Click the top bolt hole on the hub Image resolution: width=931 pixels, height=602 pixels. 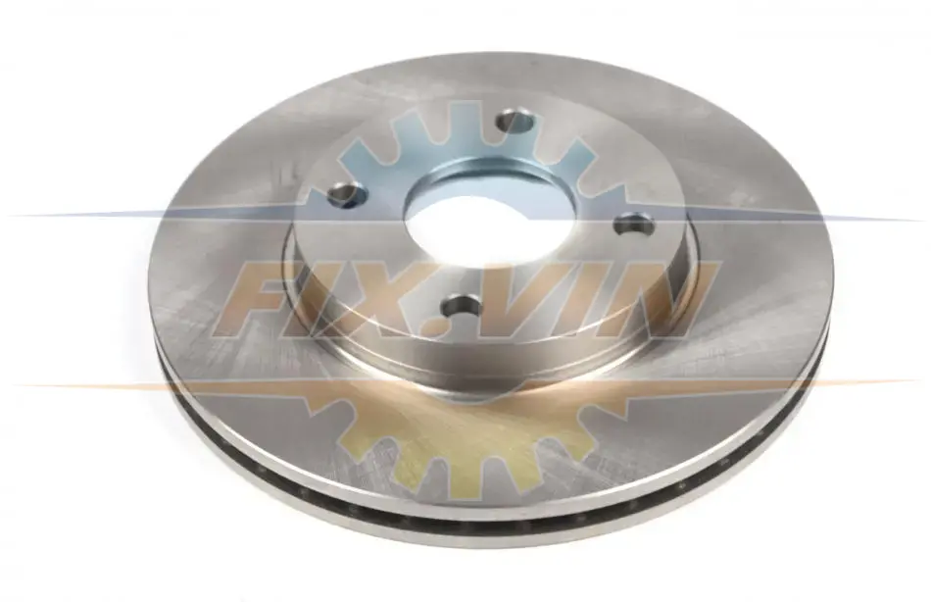coord(514,122)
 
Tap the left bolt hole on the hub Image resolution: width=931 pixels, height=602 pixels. coord(347,194)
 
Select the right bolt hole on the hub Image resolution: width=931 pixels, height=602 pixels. coord(634,225)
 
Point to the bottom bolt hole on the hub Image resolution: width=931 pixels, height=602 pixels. coord(462,306)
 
